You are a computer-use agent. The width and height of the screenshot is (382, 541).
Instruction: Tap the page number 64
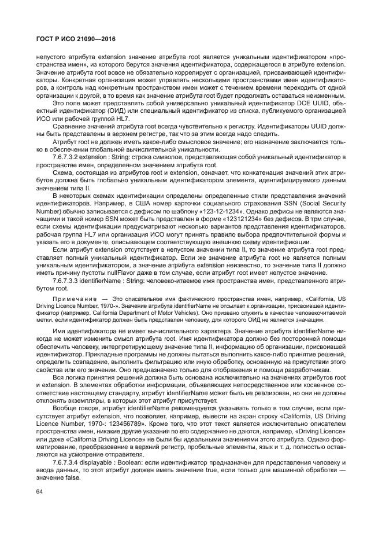[40, 492]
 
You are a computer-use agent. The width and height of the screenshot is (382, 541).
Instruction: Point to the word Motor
[191, 312]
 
